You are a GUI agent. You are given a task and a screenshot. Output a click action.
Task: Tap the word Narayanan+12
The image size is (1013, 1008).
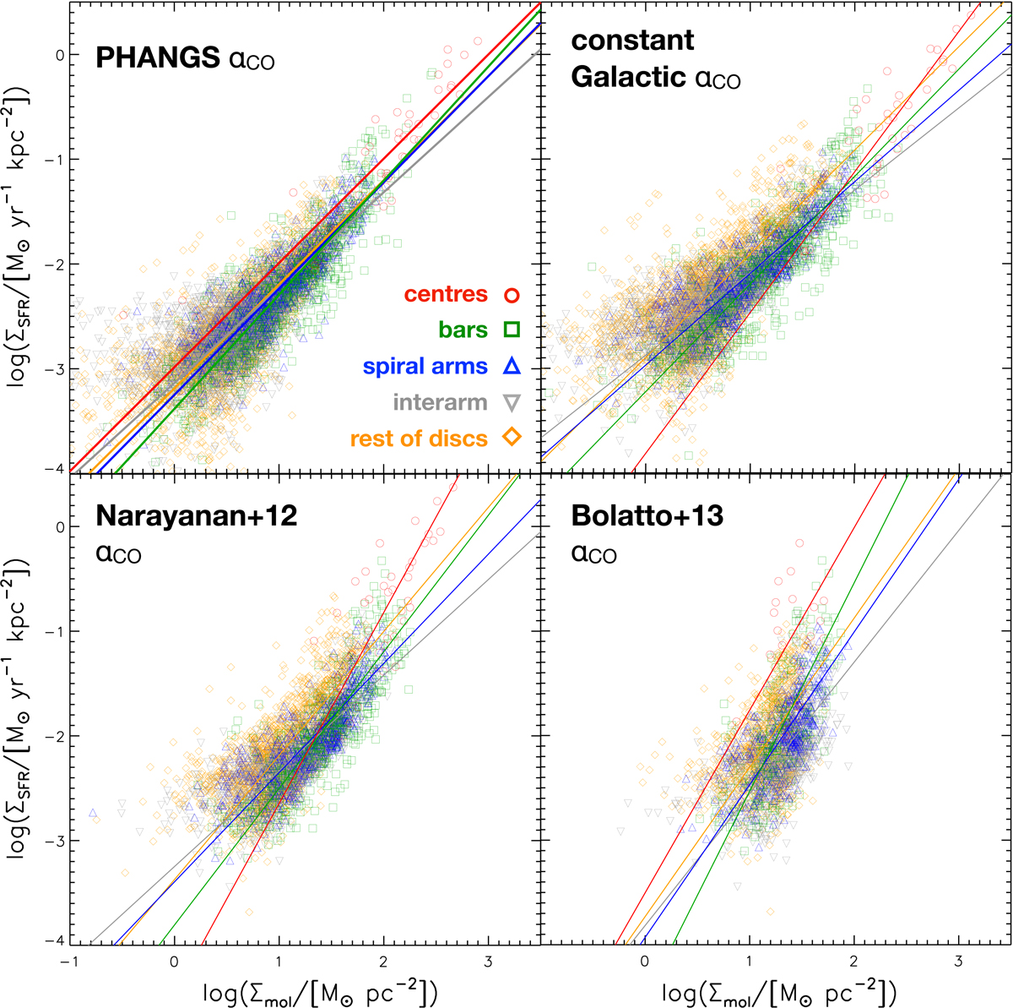(x=196, y=515)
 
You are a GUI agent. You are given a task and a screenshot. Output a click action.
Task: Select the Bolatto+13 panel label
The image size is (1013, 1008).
(x=647, y=515)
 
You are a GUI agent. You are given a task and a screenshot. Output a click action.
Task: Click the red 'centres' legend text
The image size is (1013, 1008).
(x=446, y=294)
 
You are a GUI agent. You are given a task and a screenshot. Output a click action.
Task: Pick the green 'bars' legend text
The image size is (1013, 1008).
(x=463, y=330)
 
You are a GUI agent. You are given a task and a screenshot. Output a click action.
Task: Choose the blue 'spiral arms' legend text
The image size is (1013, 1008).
(x=425, y=367)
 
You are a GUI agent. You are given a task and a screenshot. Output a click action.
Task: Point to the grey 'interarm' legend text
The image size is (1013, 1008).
(x=440, y=402)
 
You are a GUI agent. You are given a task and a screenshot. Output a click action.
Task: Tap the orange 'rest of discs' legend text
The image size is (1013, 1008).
(x=419, y=439)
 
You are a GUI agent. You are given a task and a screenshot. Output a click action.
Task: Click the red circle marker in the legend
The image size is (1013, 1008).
(x=511, y=295)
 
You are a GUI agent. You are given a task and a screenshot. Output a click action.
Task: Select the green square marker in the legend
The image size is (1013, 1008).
(x=511, y=330)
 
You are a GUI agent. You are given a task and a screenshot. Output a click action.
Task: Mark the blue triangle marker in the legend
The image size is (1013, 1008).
(x=511, y=366)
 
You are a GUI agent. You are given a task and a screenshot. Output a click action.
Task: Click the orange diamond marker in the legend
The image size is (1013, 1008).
(x=511, y=437)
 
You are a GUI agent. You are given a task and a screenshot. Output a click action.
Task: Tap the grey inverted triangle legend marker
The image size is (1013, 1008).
(x=511, y=403)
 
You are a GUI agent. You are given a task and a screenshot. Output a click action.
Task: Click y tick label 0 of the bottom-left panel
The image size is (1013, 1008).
(x=59, y=527)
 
